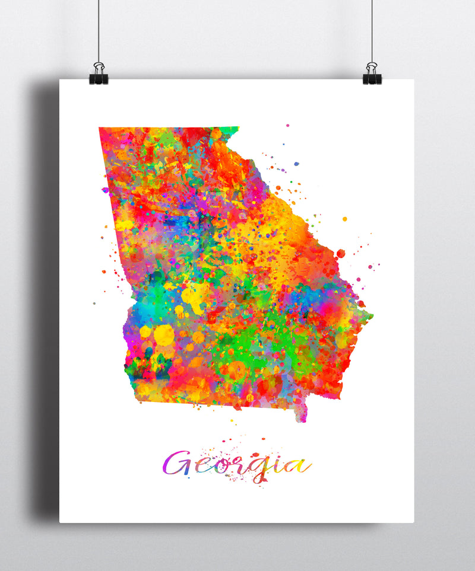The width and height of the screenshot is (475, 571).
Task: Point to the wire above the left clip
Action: tap(99, 30)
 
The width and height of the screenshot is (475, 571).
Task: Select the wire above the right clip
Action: tap(372, 30)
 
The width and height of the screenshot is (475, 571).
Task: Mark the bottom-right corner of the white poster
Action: tap(413, 522)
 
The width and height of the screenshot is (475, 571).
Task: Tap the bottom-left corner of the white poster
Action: tap(61, 522)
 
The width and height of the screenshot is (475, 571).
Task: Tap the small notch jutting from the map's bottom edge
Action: tap(302, 415)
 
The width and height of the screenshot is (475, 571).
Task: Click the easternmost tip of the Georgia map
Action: tap(372, 315)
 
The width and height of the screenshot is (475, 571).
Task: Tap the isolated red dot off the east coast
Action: tap(341, 253)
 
